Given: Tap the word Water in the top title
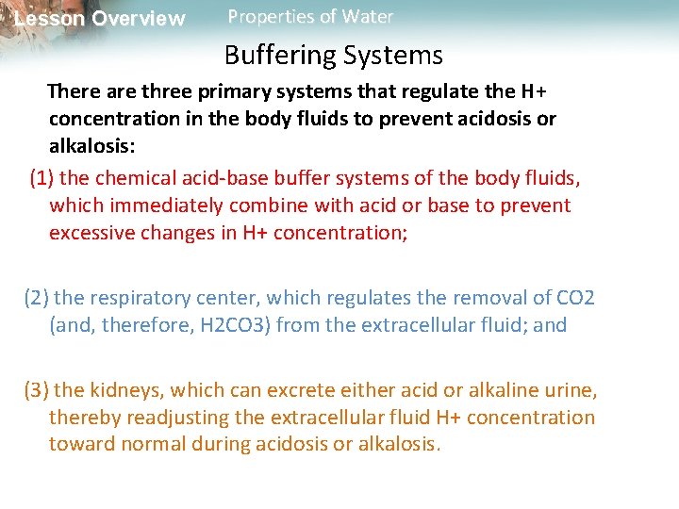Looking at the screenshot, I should pos(370,17).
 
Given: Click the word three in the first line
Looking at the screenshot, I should pos(168,91).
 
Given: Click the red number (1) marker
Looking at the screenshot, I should pos(42,177).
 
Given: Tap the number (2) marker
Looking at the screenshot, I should pos(37,298).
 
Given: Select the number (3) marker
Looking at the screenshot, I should pos(37,389).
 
